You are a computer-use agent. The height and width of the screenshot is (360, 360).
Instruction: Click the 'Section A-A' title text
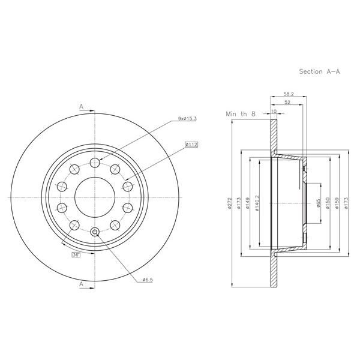(320, 71)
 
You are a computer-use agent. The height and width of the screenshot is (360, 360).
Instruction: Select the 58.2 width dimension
(288, 94)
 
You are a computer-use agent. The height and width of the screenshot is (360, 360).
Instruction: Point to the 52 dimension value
(287, 103)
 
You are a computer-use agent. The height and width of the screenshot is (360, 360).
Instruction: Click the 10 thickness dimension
(274, 112)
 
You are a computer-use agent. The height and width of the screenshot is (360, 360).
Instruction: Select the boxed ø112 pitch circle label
(193, 144)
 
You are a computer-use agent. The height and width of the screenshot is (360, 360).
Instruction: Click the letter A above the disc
(80, 106)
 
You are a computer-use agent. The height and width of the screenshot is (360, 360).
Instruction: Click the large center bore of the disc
(94, 197)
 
